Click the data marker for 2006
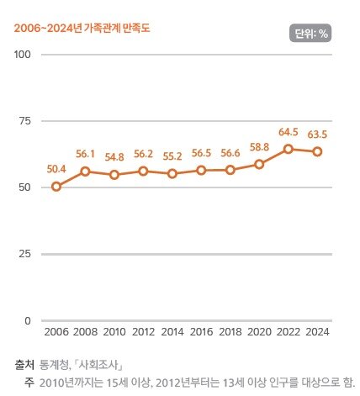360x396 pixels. [56, 187]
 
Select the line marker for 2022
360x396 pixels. [289, 149]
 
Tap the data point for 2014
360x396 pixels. [172, 174]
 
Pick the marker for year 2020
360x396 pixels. [260, 164]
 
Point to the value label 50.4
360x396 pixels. [56, 169]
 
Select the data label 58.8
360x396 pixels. [260, 146]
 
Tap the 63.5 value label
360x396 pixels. [317, 134]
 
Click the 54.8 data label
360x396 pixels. [114, 156]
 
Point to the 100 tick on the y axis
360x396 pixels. [23, 55]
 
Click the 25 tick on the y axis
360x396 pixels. [25, 254]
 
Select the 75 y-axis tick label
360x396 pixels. [25, 121]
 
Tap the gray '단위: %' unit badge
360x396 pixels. [309, 34]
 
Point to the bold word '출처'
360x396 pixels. [24, 365]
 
